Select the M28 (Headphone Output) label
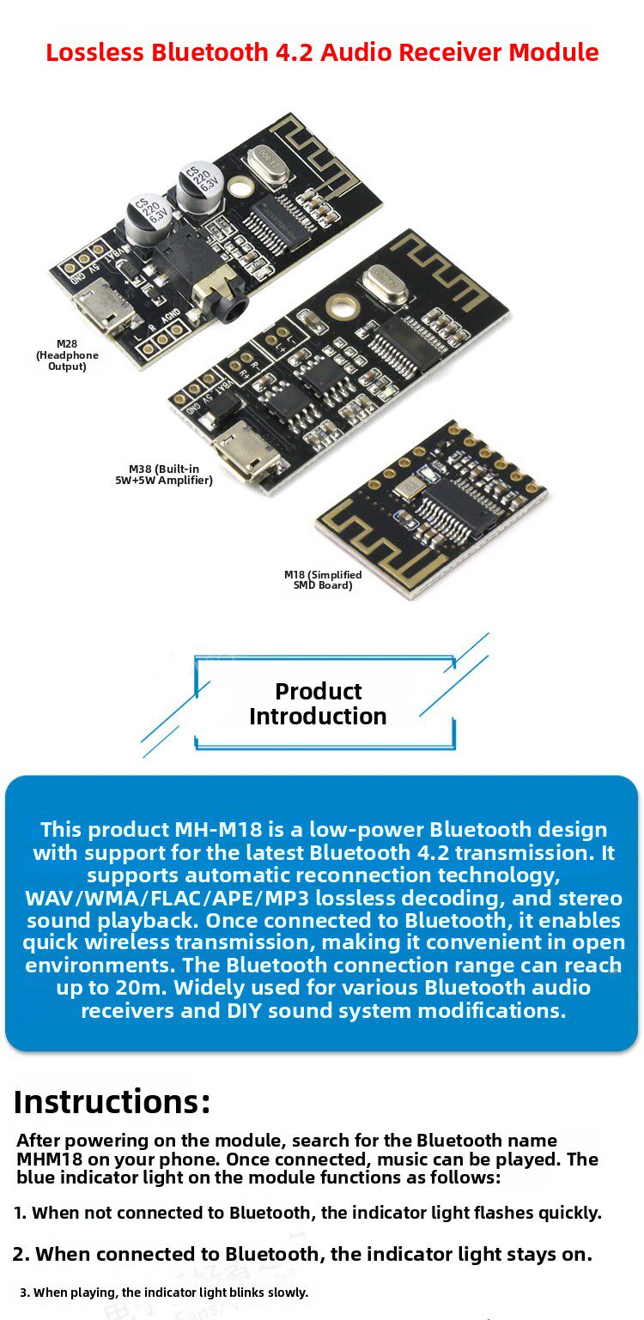coord(67,355)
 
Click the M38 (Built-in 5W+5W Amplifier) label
coord(164,475)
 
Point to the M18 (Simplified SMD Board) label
coord(323,580)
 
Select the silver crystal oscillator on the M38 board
coord(383,285)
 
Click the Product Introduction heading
coord(318,704)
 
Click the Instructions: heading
coord(112,1101)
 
